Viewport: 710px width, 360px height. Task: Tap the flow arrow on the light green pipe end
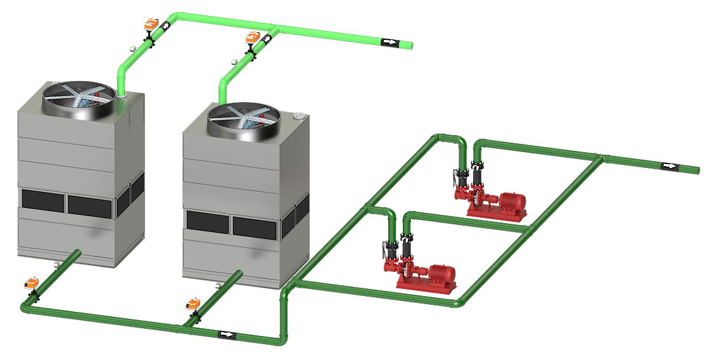pyautogui.click(x=389, y=42)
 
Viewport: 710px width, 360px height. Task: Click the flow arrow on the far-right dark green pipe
pyautogui.click(x=669, y=166)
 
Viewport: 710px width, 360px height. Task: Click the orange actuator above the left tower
pyautogui.click(x=151, y=25)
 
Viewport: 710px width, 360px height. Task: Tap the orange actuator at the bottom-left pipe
pyautogui.click(x=30, y=283)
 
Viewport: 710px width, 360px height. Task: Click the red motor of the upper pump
pyautogui.click(x=510, y=201)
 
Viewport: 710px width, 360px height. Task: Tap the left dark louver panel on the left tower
pyautogui.click(x=43, y=200)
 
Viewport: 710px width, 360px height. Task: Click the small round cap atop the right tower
pyautogui.click(x=298, y=115)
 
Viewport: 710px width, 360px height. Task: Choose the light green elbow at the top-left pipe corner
pyautogui.click(x=178, y=16)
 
